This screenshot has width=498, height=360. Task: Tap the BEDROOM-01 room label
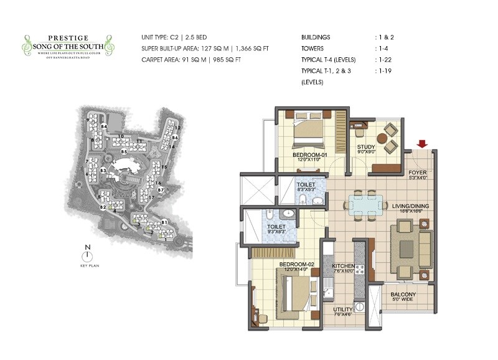click(309, 154)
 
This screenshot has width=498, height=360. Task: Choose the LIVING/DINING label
click(410, 206)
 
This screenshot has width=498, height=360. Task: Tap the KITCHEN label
click(343, 266)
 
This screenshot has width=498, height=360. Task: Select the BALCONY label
click(403, 295)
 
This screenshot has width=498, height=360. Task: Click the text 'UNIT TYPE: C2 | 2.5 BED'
click(178, 38)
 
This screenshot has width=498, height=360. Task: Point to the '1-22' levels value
click(384, 60)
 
